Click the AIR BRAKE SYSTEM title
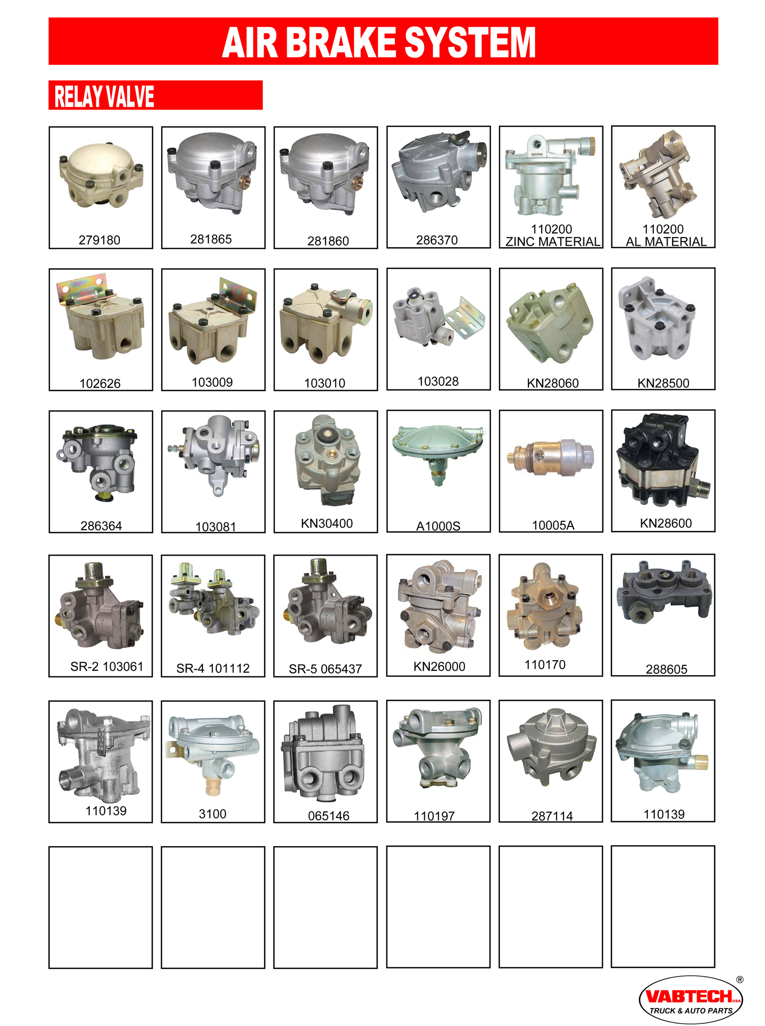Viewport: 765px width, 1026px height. [379, 42]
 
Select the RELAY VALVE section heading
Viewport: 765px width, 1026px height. [104, 96]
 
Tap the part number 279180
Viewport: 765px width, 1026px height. [99, 240]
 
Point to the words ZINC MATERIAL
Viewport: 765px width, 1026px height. [553, 242]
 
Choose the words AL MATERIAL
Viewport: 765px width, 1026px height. [666, 242]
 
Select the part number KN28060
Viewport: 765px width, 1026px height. [553, 383]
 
